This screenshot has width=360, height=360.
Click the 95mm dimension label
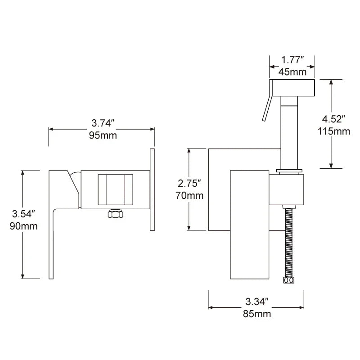tap(103, 135)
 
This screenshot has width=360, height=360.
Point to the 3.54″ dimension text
tap(23, 213)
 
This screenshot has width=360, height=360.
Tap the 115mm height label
tap(333, 131)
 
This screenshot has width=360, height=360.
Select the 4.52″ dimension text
tap(333, 119)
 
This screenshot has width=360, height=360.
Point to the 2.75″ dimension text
tap(189, 183)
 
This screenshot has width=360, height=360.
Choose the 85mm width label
tap(257, 314)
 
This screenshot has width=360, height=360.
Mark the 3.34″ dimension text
tap(257, 301)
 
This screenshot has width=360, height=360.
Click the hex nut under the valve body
tap(116, 214)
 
